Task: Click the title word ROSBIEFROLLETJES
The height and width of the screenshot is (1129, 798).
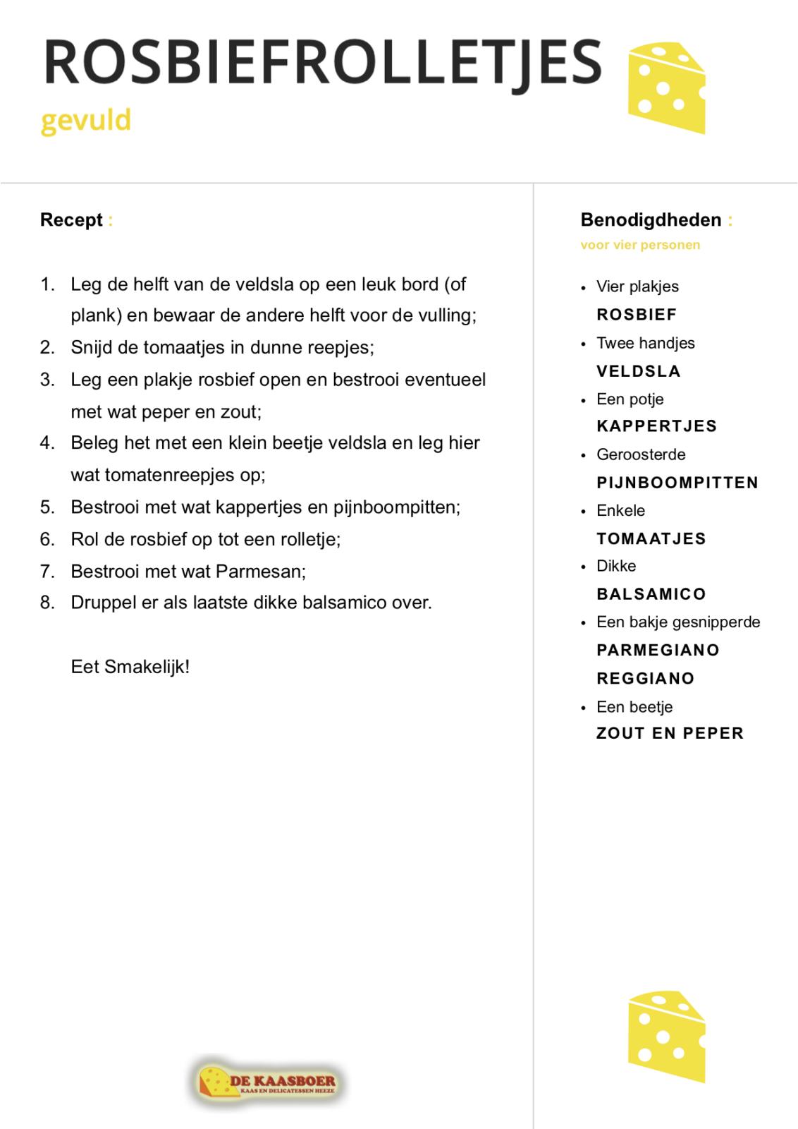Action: point(323,62)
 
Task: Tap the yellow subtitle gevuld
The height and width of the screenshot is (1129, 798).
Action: point(85,121)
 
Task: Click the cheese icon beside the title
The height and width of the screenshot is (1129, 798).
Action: point(666,88)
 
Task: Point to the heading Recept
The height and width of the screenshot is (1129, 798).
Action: point(71,220)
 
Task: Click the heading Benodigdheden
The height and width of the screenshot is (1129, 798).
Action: point(651,220)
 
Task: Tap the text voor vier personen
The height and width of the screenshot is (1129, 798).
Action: point(640,246)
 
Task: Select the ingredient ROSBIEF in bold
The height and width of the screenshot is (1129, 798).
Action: point(637,315)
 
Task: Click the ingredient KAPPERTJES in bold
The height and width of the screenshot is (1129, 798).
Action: point(656,426)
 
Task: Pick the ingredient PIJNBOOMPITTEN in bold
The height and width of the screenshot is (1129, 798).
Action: point(677,483)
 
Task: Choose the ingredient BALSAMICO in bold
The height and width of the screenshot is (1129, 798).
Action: point(651,594)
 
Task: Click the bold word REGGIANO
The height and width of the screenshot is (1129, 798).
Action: point(645,679)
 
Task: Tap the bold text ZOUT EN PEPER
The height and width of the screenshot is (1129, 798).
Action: point(670,734)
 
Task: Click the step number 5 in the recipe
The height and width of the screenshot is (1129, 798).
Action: point(47,507)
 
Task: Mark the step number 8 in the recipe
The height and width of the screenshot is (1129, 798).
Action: point(47,603)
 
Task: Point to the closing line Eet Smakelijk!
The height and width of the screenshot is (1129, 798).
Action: point(130,667)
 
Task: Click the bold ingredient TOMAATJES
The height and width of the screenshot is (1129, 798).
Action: point(651,539)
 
